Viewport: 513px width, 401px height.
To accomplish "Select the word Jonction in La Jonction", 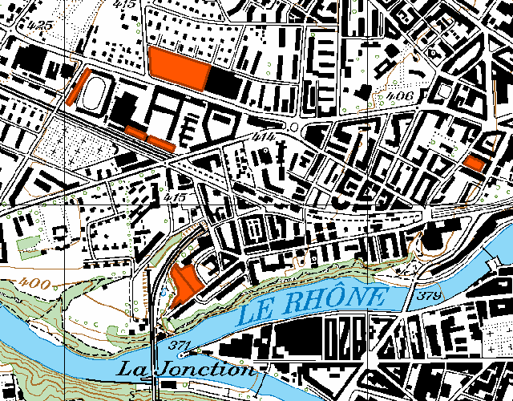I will [208, 370].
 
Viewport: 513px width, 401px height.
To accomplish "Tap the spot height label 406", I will [398, 97].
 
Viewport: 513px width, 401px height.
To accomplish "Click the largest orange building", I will [179, 63].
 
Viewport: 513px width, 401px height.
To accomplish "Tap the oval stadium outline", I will [96, 95].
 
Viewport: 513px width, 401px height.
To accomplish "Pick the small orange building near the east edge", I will [474, 163].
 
